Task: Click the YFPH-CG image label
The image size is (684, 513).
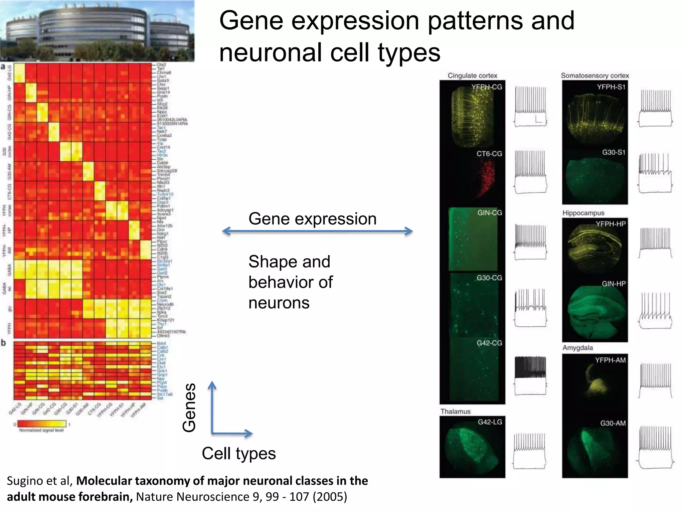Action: (486, 87)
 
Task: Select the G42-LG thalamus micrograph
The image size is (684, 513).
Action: (472, 447)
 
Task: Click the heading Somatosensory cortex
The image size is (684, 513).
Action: (594, 76)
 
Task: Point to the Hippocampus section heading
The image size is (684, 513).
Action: (583, 213)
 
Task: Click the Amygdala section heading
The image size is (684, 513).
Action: (577, 348)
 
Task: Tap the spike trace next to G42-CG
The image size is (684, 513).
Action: (530, 376)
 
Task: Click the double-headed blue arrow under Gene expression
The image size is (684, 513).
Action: (317, 231)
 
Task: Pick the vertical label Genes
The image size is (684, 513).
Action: (189, 407)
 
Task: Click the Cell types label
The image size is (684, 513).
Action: (239, 454)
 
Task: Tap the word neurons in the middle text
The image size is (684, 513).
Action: (279, 303)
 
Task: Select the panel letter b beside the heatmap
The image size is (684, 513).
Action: (4, 343)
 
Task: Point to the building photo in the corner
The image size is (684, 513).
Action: (97, 31)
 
